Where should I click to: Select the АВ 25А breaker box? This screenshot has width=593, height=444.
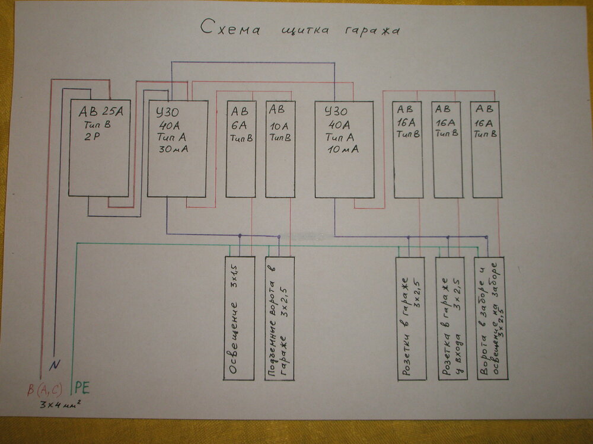(99, 148)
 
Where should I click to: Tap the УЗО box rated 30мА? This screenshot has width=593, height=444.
(177, 148)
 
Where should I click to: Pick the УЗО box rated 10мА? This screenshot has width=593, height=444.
(345, 149)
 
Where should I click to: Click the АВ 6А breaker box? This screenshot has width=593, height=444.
(241, 149)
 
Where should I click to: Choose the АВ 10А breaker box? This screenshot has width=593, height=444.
(280, 149)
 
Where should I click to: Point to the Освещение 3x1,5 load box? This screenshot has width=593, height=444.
(239, 318)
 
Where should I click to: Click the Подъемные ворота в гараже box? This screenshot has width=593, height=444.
(279, 318)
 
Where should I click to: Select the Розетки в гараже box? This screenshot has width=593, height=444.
(410, 318)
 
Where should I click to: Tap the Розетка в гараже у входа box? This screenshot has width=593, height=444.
(449, 318)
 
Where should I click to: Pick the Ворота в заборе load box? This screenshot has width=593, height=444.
(490, 318)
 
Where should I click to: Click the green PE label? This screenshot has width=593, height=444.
(83, 389)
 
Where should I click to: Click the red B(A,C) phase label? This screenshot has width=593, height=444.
(45, 391)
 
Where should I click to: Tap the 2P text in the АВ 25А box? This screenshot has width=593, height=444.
(94, 137)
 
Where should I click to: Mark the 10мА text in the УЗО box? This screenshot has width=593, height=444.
(342, 149)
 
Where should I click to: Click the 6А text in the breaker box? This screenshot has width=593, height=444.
(241, 126)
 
